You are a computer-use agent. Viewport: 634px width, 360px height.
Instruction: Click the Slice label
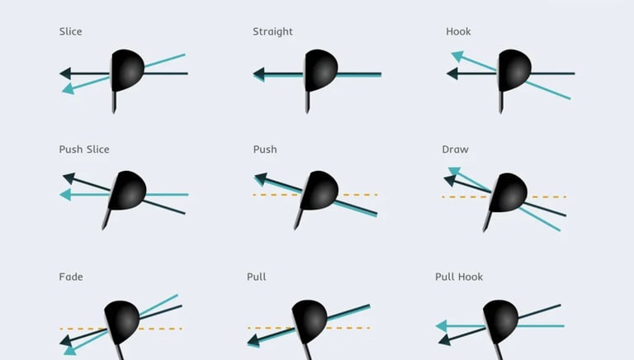pyautogui.click(x=70, y=32)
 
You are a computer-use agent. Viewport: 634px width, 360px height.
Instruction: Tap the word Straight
pyautogui.click(x=272, y=32)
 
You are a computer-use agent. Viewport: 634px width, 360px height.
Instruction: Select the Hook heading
pyautogui.click(x=458, y=32)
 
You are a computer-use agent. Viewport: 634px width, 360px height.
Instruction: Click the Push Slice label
pyautogui.click(x=84, y=149)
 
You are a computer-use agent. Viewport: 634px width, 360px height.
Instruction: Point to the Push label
pyautogui.click(x=265, y=149)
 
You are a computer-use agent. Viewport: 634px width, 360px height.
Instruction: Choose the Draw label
pyautogui.click(x=455, y=149)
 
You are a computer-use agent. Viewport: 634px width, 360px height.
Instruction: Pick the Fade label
pyautogui.click(x=71, y=277)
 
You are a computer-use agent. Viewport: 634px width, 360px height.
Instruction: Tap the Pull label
pyautogui.click(x=256, y=277)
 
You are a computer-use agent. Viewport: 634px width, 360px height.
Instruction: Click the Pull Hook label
pyautogui.click(x=459, y=277)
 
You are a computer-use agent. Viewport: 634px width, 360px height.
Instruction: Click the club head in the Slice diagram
pyautogui.click(x=127, y=69)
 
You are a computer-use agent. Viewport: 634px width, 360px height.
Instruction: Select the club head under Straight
pyautogui.click(x=321, y=69)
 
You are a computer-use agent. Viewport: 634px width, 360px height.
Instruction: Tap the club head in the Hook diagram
pyautogui.click(x=514, y=69)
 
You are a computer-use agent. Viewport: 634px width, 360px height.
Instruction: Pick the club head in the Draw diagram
pyautogui.click(x=509, y=192)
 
